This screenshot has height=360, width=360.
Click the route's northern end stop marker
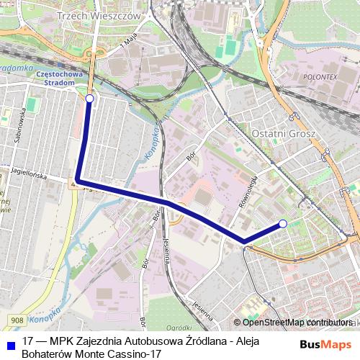point(89,99)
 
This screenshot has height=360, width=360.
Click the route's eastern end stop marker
point(283,224)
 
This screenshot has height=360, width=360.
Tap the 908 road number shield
point(17,319)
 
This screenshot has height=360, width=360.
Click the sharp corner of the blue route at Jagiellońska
point(77,179)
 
